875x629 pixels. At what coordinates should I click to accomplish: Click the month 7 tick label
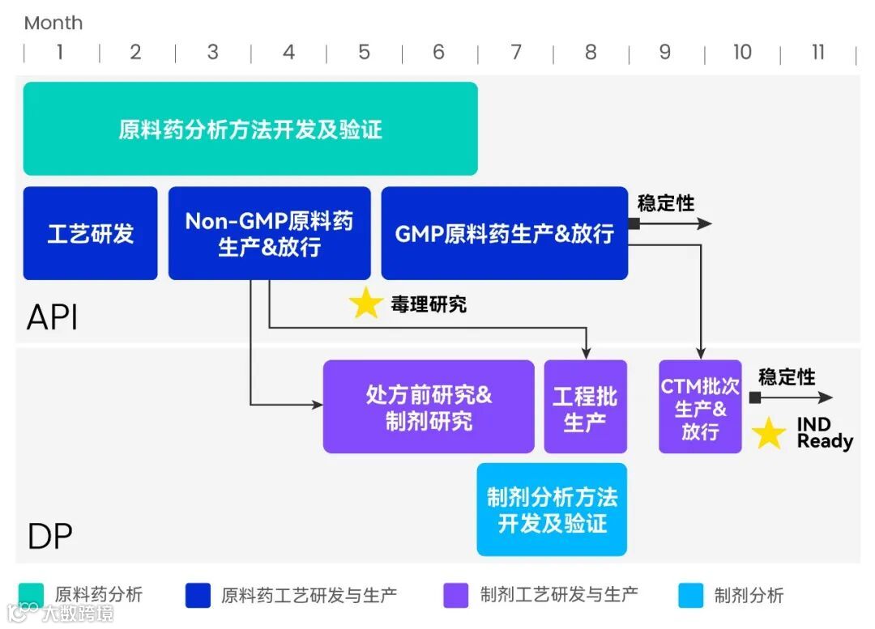coord(515,53)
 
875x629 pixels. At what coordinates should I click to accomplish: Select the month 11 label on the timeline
coord(817,53)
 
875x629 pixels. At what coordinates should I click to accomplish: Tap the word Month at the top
coord(53,23)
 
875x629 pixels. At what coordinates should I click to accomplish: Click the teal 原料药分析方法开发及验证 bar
coord(250,129)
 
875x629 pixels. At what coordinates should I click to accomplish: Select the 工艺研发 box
coord(90,234)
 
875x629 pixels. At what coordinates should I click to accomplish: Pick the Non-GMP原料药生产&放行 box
coord(269,234)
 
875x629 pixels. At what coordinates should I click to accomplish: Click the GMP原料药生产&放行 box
coord(504,234)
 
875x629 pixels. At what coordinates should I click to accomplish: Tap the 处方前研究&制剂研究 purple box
coord(429,407)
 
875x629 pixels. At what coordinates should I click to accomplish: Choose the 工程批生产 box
coord(585,407)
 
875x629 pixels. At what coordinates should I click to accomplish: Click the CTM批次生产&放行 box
coord(700,407)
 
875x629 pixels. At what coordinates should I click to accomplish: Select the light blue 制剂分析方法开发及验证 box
coord(552,510)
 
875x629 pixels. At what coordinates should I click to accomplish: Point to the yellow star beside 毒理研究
coord(365,304)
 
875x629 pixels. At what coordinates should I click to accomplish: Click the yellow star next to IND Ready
coord(768,433)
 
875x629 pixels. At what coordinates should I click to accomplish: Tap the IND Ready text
coord(824,433)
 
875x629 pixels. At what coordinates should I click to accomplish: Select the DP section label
coord(49,536)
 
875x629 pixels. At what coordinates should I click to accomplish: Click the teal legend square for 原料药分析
coord(31,595)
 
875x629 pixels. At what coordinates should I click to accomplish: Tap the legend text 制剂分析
coord(749,595)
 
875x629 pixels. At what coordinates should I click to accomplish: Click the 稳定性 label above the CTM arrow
coord(787,377)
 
